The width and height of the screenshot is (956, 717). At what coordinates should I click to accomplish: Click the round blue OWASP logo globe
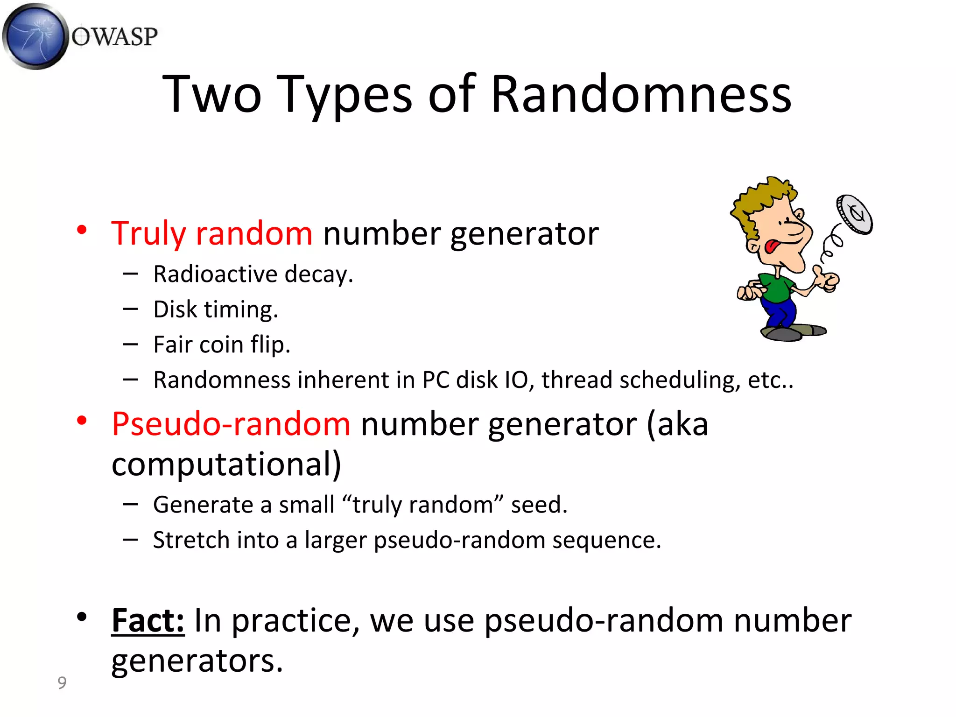[x=35, y=36]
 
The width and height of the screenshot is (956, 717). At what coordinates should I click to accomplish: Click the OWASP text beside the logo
[x=115, y=37]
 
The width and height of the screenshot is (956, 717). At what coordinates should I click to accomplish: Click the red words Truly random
[x=211, y=233]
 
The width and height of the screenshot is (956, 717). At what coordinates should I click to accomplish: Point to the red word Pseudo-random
[x=231, y=424]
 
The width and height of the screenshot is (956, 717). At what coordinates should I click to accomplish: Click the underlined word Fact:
[x=148, y=620]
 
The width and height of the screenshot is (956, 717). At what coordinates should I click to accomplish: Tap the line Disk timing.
[x=216, y=309]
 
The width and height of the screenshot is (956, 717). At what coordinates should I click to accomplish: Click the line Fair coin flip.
[x=222, y=344]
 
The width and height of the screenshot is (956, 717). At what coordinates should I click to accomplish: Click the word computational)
[x=226, y=464]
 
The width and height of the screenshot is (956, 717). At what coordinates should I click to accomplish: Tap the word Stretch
[x=191, y=540]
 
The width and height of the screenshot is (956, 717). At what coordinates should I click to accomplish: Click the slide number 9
[x=62, y=683]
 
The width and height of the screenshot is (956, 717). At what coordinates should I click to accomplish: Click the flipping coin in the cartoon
[x=854, y=214]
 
